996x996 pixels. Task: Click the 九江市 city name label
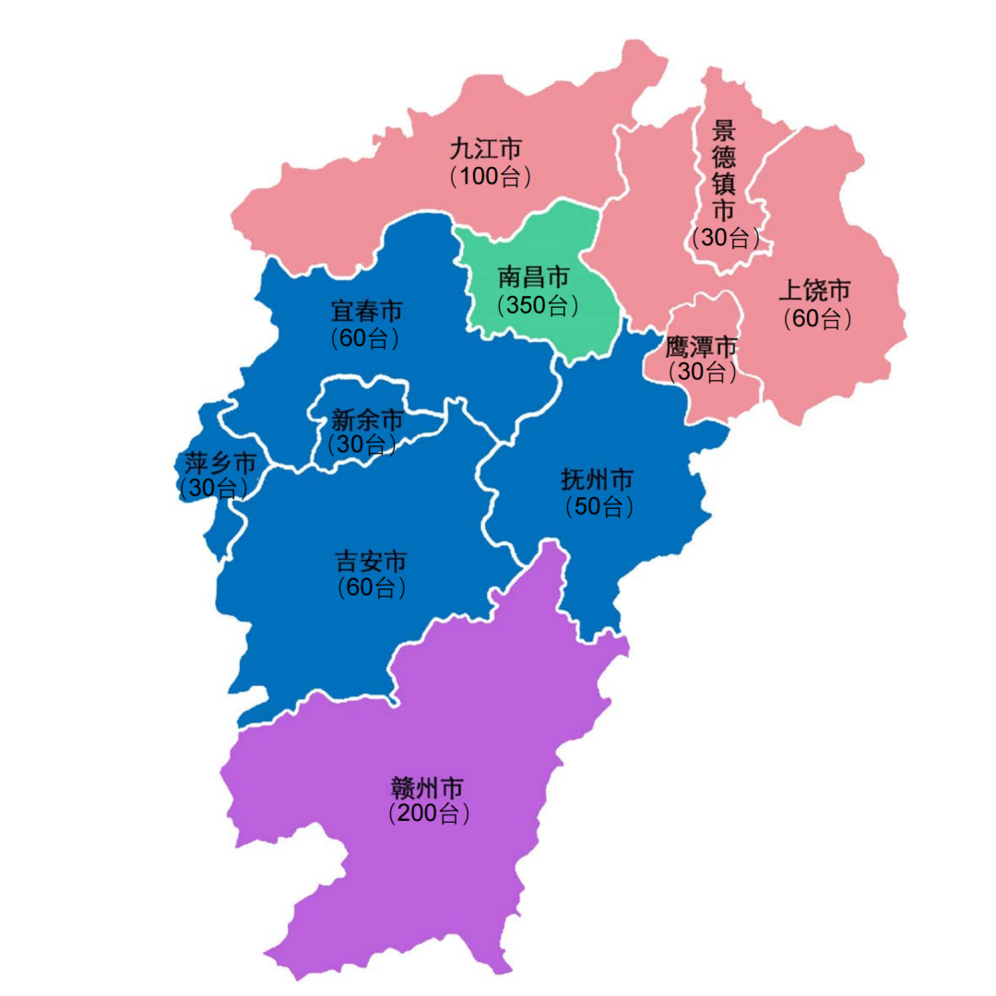486,148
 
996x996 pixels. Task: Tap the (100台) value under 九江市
491,176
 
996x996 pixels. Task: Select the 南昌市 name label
534,277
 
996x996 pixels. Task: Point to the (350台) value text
539,304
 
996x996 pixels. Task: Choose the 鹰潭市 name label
703,347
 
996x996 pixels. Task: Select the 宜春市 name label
366,311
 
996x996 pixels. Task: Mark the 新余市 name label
367,421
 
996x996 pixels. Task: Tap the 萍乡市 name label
219,461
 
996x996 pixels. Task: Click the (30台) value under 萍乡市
214,487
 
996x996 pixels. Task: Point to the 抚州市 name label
598,480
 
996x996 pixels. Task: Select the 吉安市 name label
371,561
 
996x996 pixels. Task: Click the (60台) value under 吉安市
372,587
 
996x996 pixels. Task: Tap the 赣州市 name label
427,788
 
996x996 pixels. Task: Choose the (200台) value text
430,814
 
